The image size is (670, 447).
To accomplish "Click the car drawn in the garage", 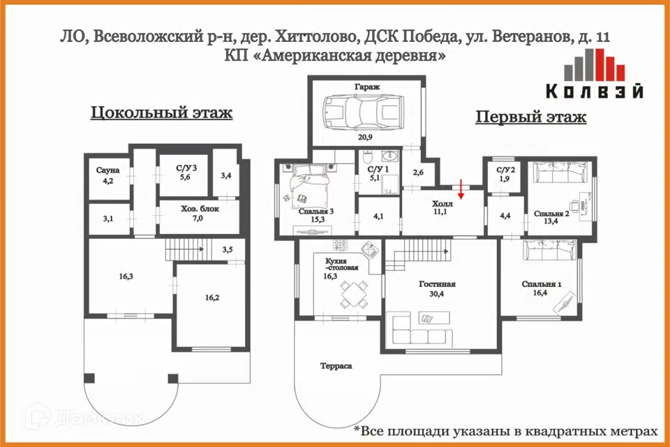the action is [364, 112].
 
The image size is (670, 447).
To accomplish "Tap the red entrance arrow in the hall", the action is [461, 189].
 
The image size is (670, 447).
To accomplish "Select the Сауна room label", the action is [107, 170].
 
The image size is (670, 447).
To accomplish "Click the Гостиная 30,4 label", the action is [437, 288].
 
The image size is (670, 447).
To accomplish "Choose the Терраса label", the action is [336, 366].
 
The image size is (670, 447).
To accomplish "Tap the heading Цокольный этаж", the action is [161, 112].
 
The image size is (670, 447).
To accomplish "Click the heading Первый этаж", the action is [530, 117].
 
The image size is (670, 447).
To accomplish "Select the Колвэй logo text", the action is [595, 91].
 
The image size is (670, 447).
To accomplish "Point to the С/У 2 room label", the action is [505, 170].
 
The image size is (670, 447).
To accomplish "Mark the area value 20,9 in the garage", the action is [365, 138].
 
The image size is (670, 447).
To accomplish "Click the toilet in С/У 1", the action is [368, 157].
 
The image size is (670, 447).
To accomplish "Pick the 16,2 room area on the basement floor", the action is [212, 298].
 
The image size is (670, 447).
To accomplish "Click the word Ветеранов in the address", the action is [532, 37].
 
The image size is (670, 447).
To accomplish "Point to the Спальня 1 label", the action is [542, 284].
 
